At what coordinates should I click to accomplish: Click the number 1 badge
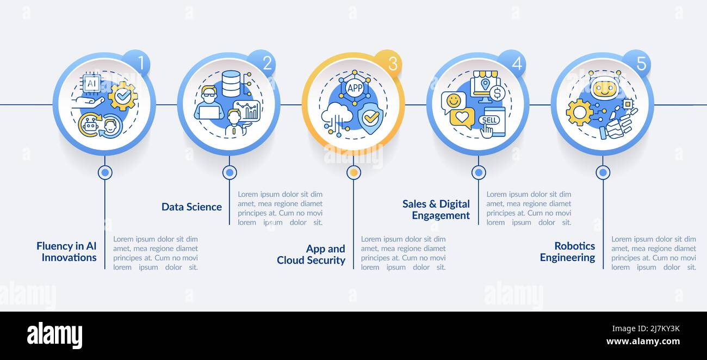tap(136, 63)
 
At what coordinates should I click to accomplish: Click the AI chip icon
tap(91, 84)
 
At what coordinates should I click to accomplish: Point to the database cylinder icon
tap(231, 84)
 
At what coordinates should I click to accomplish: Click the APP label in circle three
tap(355, 88)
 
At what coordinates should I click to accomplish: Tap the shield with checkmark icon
tap(370, 117)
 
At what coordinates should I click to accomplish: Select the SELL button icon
tap(489, 120)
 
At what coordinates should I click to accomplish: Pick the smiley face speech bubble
tap(454, 102)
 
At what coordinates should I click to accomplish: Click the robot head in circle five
tap(604, 86)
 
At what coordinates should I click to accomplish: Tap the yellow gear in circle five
tap(580, 112)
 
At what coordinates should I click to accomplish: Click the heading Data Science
tap(191, 207)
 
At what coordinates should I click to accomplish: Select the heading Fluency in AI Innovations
tap(66, 251)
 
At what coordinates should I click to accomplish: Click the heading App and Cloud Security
tap(311, 255)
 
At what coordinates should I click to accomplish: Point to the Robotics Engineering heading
tap(567, 251)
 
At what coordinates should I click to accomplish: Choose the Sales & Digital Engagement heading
tap(436, 209)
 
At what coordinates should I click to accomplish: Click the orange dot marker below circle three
tap(354, 172)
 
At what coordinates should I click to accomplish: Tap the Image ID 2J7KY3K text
tap(646, 328)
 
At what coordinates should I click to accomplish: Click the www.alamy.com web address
tap(643, 342)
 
